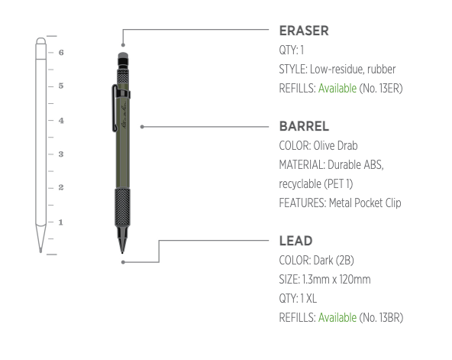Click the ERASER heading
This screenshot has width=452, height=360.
304,31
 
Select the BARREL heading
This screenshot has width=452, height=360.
304,126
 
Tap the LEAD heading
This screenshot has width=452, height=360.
295,242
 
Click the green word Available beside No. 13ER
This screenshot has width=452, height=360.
337,88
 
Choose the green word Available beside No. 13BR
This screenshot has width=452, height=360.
337,317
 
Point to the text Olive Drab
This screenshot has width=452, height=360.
337,145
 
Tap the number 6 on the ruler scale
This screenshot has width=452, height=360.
60,53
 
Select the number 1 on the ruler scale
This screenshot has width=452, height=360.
60,222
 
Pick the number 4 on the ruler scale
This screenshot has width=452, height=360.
60,120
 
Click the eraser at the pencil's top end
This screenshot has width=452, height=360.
122,57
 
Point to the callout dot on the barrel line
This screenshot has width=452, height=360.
143,126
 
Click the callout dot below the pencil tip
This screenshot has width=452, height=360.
123,262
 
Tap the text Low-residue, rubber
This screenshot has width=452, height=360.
353,69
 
